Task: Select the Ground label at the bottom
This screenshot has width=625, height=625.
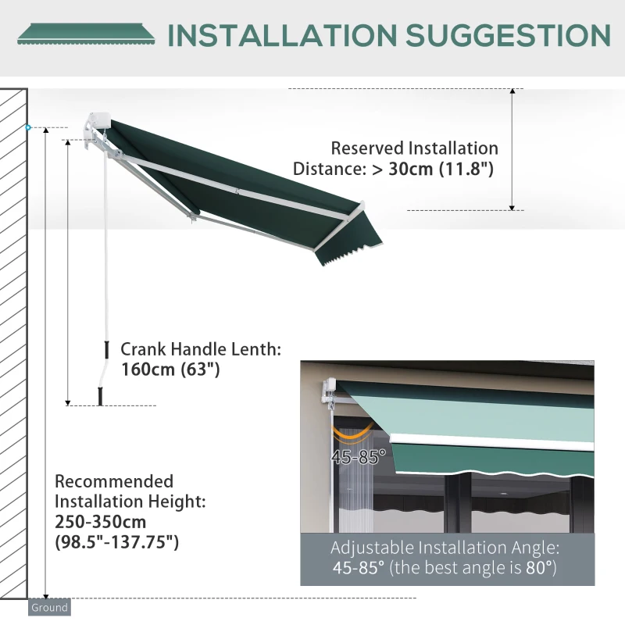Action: [x=49, y=607]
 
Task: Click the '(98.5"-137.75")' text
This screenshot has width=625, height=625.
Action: [x=116, y=541]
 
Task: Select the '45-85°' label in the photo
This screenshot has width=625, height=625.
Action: [x=358, y=458]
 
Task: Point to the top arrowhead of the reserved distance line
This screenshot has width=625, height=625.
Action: [x=512, y=92]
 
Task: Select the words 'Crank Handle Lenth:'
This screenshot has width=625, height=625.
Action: [x=200, y=349]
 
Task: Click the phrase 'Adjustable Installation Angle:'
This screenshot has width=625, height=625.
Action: [x=445, y=548]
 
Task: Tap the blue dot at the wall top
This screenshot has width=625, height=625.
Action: [x=29, y=127]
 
